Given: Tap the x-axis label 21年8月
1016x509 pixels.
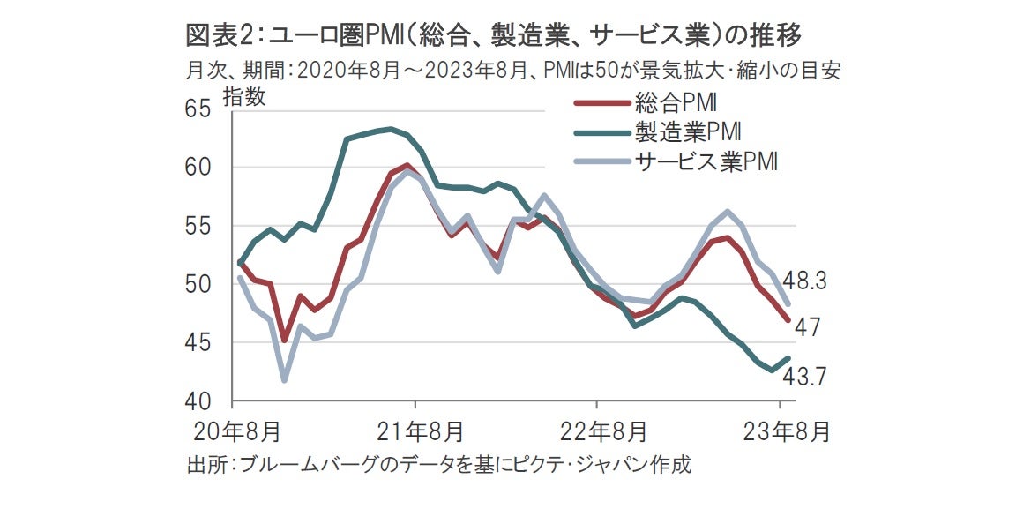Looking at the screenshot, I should click(x=416, y=432).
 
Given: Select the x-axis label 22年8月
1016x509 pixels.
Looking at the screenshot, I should click(x=598, y=432).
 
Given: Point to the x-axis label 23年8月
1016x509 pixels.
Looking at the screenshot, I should click(x=781, y=432).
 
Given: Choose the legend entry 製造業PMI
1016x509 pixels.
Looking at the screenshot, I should click(x=687, y=132).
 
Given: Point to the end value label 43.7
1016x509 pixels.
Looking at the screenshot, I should click(x=804, y=376).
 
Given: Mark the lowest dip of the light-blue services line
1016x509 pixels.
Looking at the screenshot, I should click(x=284, y=380).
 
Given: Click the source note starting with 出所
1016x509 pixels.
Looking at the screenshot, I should click(x=438, y=465).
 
